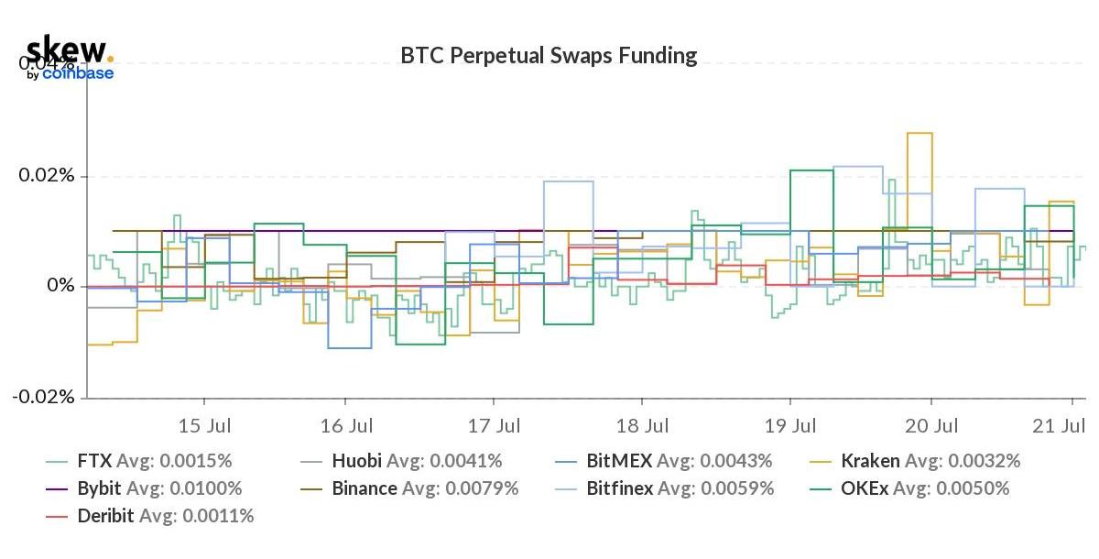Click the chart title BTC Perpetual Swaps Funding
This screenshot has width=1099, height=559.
[549, 56]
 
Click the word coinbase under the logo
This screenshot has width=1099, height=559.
[78, 73]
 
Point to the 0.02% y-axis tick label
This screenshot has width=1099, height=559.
[49, 176]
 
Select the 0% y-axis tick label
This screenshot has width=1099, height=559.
[60, 287]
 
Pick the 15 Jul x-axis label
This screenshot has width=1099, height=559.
[203, 426]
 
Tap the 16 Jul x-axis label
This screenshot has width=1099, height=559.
[346, 426]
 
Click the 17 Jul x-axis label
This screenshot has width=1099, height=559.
[494, 426]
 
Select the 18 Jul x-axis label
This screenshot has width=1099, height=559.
[642, 426]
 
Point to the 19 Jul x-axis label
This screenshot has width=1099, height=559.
[790, 426]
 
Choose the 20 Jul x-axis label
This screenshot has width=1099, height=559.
[931, 426]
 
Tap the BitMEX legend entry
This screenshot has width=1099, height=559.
[678, 461]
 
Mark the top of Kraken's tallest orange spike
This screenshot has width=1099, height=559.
[919, 133]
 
